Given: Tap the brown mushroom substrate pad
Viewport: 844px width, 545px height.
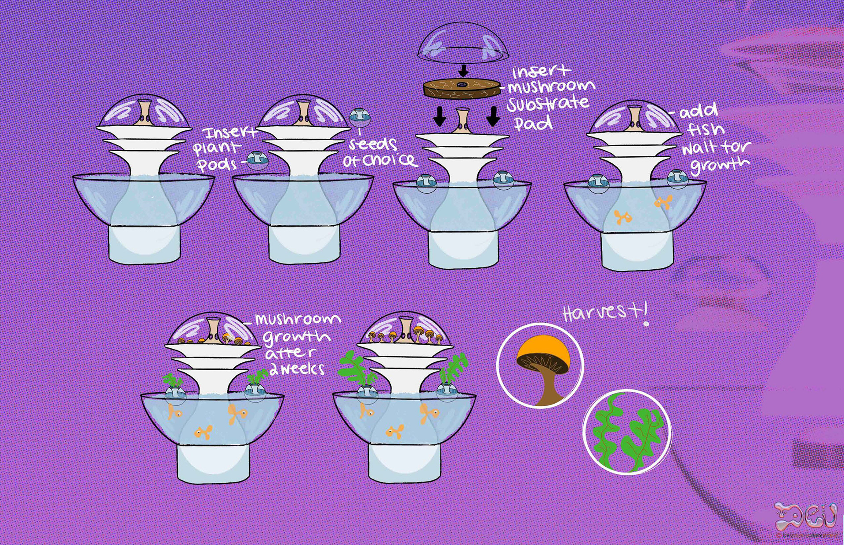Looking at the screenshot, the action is [462, 88].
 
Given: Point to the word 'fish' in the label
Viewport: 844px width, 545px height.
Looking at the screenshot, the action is [706, 129].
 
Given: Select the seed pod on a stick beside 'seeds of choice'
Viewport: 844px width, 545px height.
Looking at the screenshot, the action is [360, 117].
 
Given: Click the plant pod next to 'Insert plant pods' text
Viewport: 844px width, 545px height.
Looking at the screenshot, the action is [257, 160].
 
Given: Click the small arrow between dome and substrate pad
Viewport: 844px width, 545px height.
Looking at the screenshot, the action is [463, 70].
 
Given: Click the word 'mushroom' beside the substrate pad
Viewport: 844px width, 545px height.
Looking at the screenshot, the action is [551, 86].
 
